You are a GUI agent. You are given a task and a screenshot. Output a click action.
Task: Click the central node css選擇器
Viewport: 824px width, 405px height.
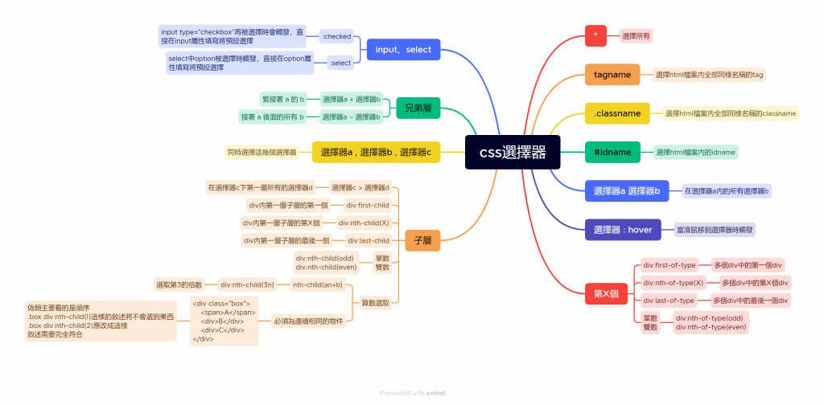click(x=513, y=152)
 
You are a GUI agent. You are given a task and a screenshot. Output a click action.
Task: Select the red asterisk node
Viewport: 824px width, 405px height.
click(x=595, y=35)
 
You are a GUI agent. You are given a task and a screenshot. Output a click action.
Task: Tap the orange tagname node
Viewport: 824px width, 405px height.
click(x=612, y=74)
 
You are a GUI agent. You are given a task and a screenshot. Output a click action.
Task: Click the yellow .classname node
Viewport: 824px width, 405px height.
click(x=617, y=113)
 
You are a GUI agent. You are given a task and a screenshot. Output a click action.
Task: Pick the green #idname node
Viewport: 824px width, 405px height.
click(x=612, y=152)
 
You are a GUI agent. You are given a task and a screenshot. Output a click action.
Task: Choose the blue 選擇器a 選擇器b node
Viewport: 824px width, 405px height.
click(x=627, y=191)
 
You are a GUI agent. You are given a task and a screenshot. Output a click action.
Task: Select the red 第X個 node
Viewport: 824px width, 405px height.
click(x=605, y=293)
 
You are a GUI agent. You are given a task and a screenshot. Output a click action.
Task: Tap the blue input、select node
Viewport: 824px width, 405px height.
click(x=403, y=50)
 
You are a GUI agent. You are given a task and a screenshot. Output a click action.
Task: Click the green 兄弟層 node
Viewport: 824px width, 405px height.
click(x=418, y=108)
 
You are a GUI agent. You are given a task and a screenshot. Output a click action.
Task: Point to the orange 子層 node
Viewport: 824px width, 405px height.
click(x=422, y=240)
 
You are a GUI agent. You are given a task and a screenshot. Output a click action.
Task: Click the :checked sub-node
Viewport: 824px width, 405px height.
click(x=336, y=36)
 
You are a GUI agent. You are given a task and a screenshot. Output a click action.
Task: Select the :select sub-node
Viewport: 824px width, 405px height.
click(x=341, y=63)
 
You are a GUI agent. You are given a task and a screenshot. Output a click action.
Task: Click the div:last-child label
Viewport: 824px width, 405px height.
click(x=369, y=240)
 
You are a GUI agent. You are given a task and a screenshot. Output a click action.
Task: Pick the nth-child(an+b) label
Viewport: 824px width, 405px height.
click(x=318, y=284)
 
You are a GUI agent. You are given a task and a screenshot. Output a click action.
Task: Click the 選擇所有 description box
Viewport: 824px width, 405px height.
click(x=636, y=35)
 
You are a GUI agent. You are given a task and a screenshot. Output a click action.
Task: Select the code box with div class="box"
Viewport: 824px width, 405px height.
click(x=224, y=321)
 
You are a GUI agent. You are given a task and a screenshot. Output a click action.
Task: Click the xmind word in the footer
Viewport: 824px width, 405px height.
click(x=435, y=393)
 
